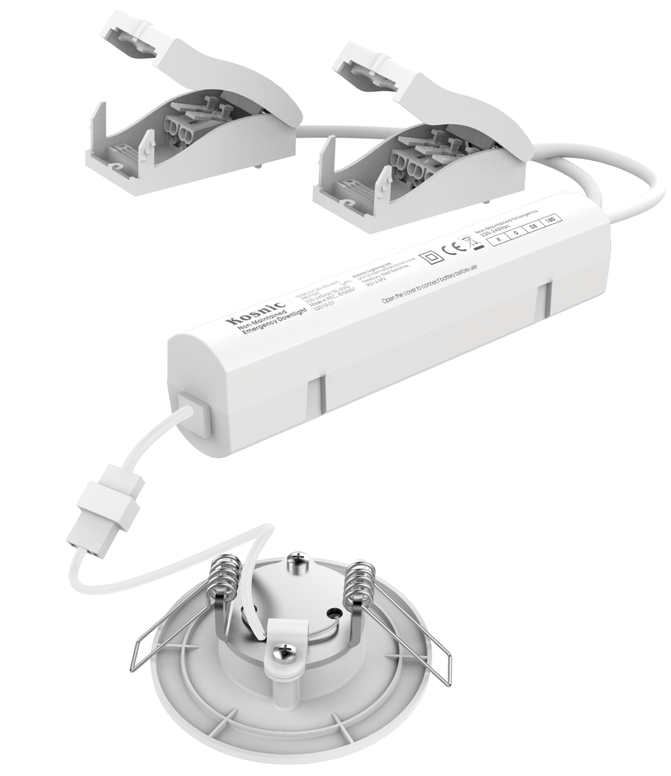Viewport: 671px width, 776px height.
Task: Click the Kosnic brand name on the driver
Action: (x=262, y=313)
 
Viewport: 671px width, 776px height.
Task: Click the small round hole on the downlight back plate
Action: (x=332, y=613)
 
